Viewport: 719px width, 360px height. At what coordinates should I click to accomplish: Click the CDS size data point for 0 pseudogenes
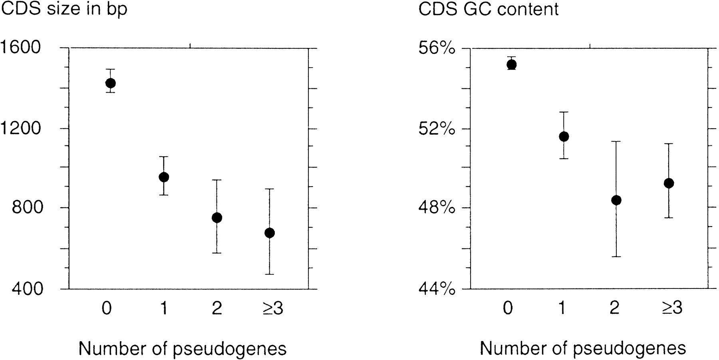click(x=111, y=83)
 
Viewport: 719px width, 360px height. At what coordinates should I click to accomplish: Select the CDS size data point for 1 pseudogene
click(x=164, y=177)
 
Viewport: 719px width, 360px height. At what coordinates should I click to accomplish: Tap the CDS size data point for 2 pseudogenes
click(x=217, y=218)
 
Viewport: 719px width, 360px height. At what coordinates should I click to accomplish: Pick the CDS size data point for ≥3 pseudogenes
click(x=270, y=233)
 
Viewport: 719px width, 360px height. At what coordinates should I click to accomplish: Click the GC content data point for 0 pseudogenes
click(x=512, y=64)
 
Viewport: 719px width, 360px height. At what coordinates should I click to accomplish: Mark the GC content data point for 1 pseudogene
click(x=564, y=137)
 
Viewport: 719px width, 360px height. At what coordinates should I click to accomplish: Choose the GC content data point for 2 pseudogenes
click(x=616, y=200)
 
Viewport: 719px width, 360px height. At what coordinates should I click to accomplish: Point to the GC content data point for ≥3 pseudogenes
click(x=669, y=183)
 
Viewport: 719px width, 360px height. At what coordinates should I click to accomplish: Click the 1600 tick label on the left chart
click(x=21, y=48)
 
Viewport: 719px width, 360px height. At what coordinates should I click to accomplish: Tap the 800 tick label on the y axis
click(x=27, y=208)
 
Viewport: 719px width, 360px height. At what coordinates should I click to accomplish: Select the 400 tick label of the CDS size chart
click(x=27, y=288)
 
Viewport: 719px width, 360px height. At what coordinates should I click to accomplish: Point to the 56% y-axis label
click(x=437, y=48)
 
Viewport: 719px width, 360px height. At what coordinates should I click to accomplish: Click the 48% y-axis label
click(x=437, y=208)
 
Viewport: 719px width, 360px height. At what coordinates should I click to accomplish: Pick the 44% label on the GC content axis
click(x=437, y=288)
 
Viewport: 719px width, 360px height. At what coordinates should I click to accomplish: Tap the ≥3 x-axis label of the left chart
click(x=273, y=308)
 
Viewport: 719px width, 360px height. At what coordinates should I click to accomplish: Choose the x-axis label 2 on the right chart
click(x=615, y=308)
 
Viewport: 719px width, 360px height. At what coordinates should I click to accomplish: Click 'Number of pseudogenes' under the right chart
click(x=583, y=348)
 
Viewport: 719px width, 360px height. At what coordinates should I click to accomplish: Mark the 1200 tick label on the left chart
click(x=21, y=129)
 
